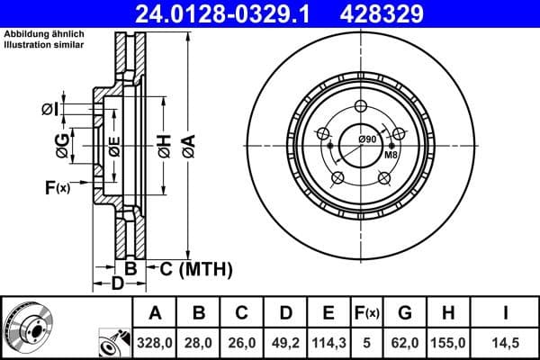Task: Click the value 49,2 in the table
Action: pyautogui.click(x=284, y=342)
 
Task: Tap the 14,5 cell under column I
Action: pyautogui.click(x=506, y=342)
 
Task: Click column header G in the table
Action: pyautogui.click(x=404, y=313)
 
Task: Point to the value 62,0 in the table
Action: pyautogui.click(x=404, y=342)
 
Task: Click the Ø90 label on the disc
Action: pyautogui.click(x=366, y=139)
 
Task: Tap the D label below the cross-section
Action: pyautogui.click(x=116, y=285)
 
